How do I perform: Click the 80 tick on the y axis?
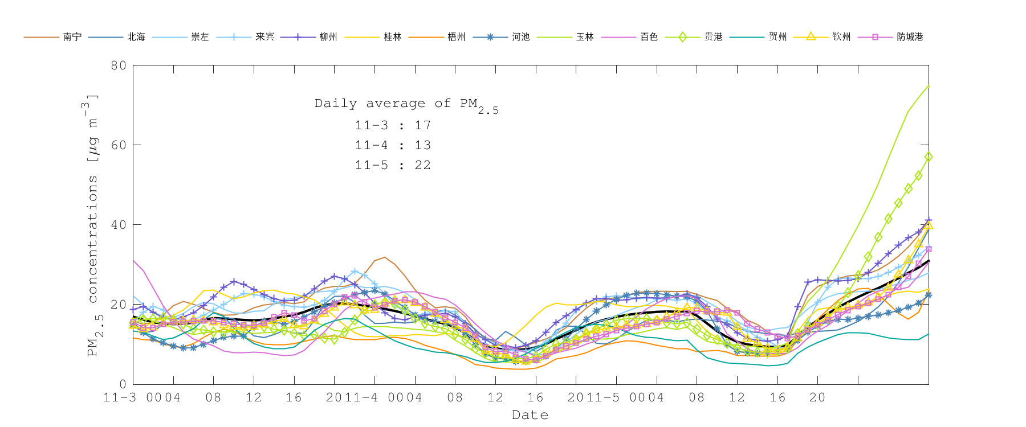pos(119,65)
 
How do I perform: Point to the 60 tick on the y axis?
pos(119,145)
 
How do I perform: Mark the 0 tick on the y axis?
pos(123,384)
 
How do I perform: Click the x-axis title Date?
pos(530,415)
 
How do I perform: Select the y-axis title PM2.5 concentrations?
pos(93,225)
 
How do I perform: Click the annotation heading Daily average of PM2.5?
pos(406,104)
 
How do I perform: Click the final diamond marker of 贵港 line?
pos(929,157)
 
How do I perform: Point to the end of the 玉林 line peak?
pos(929,85)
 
